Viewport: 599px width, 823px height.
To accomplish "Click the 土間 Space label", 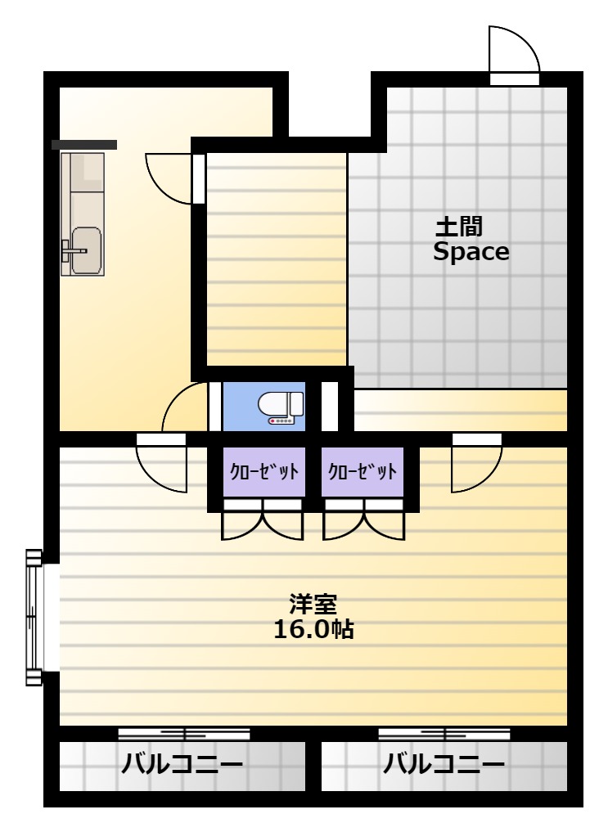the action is pyautogui.click(x=471, y=240).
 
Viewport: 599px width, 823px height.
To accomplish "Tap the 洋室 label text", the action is pyautogui.click(x=313, y=604).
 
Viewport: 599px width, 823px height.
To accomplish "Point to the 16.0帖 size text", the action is pyautogui.click(x=313, y=629).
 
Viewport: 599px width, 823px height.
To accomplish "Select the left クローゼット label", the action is pyautogui.click(x=264, y=471).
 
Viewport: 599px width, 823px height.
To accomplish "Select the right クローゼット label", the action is pyautogui.click(x=363, y=471).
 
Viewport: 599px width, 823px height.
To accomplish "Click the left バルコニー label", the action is pyautogui.click(x=182, y=764).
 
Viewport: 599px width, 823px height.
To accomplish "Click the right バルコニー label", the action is pyautogui.click(x=444, y=764).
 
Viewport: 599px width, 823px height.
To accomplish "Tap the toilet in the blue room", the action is pyautogui.click(x=281, y=408).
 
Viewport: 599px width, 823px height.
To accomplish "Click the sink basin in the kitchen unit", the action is pyautogui.click(x=87, y=251).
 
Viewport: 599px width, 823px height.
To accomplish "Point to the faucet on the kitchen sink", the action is pyautogui.click(x=73, y=250).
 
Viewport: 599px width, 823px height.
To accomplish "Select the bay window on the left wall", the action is pyautogui.click(x=34, y=617).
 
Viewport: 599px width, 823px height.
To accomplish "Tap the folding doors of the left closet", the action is pyautogui.click(x=263, y=519).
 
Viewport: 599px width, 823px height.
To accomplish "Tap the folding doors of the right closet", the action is pyautogui.click(x=364, y=519).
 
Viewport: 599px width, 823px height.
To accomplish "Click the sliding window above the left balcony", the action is pyautogui.click(x=184, y=733).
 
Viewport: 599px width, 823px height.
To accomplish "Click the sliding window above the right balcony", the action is pyautogui.click(x=444, y=733).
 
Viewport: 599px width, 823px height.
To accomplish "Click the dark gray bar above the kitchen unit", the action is pyautogui.click(x=84, y=145).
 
